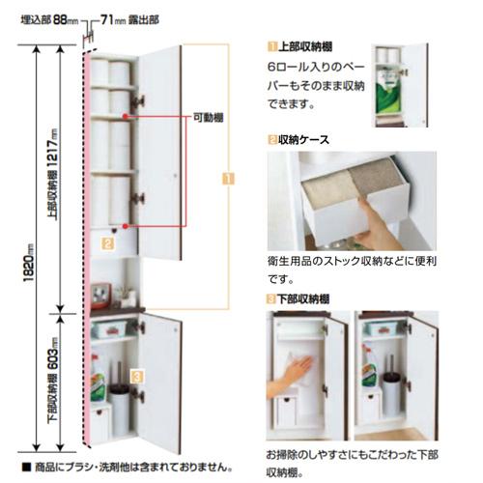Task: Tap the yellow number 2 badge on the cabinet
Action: point(109,245)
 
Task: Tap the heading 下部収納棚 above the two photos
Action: point(306,299)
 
